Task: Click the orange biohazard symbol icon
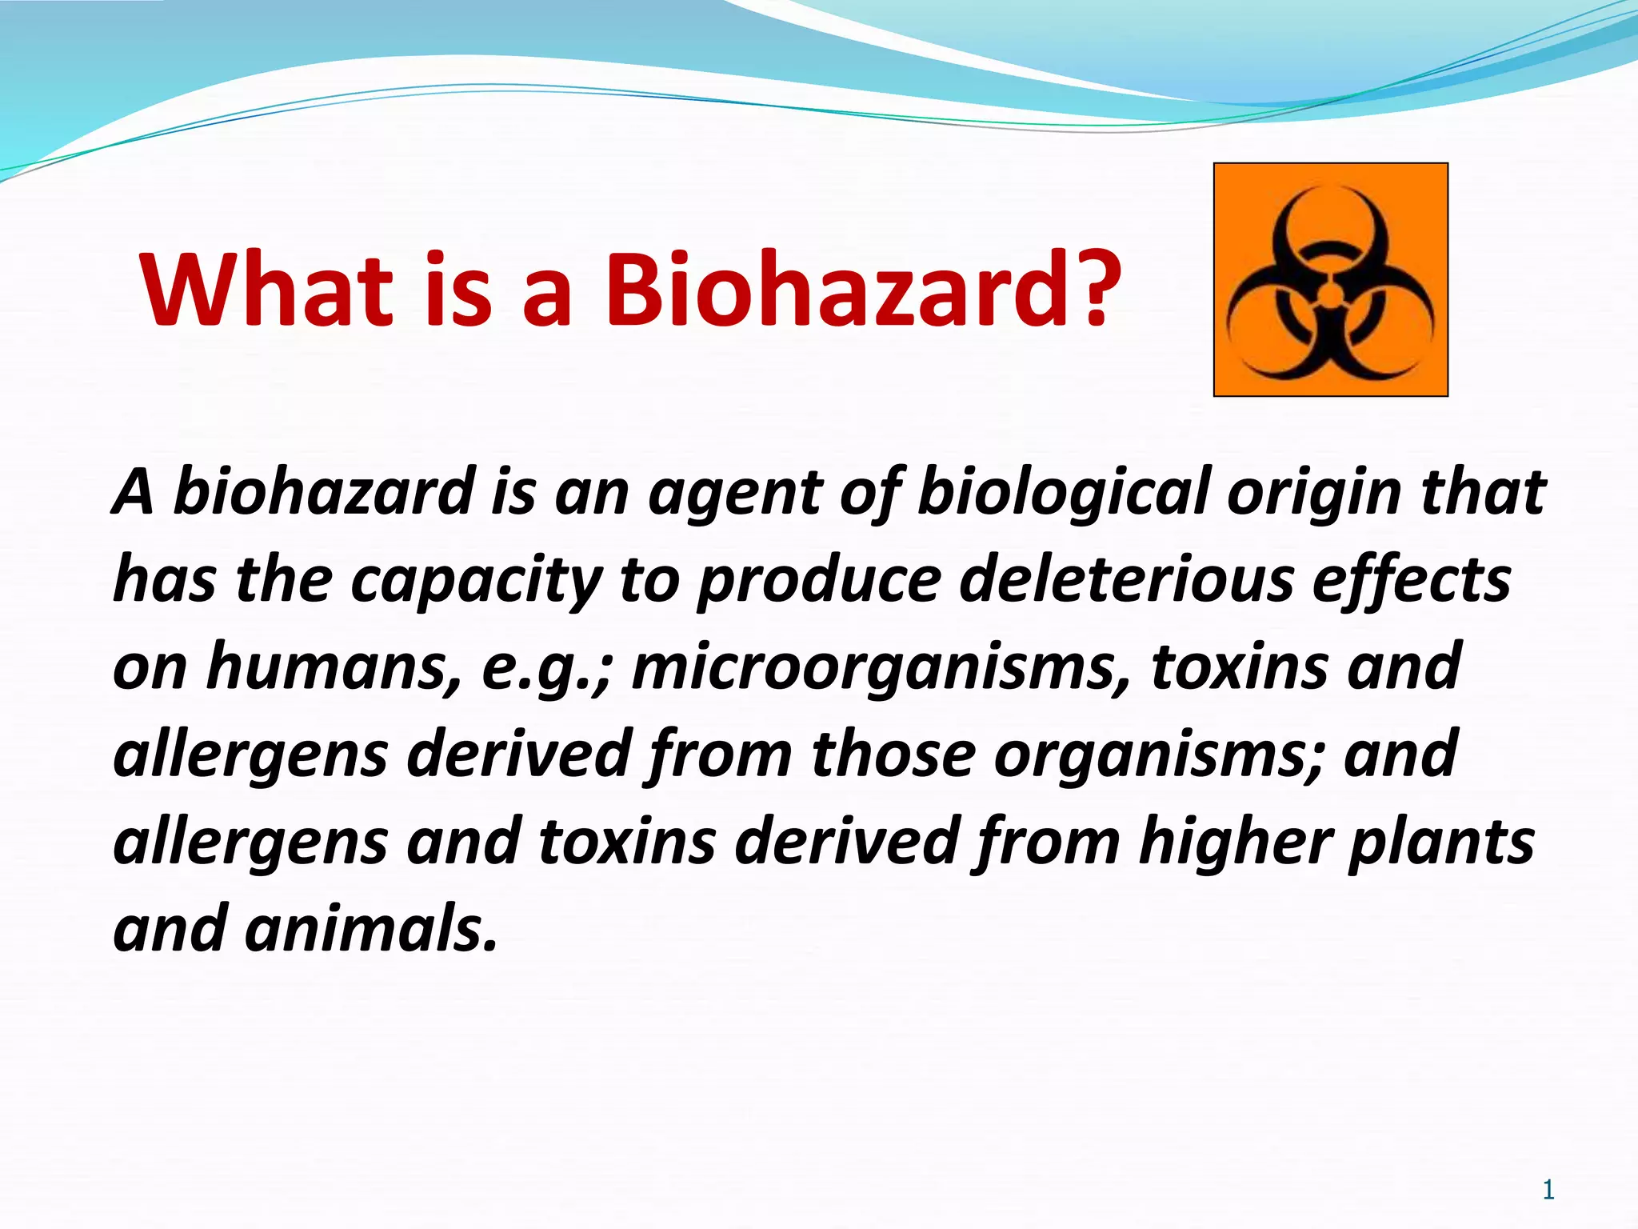[x=1330, y=279]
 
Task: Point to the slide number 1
[x=1548, y=1190]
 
